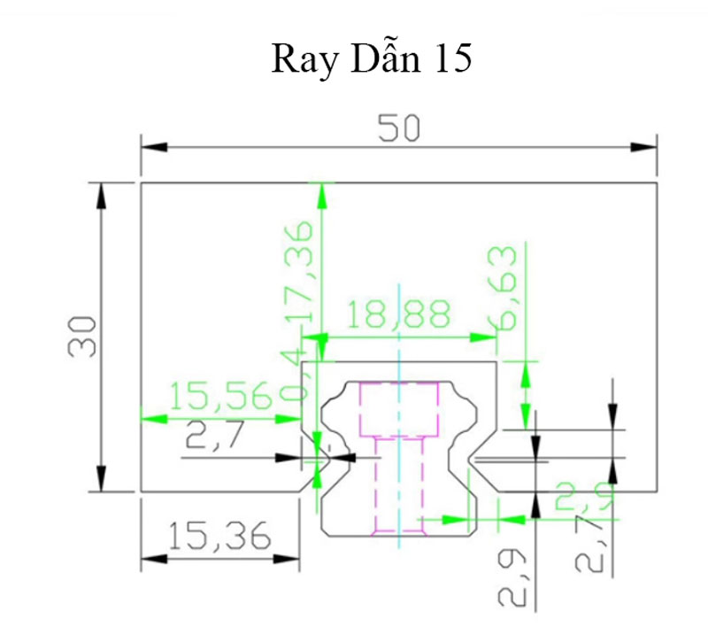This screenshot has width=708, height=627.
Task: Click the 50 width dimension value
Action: click(398, 129)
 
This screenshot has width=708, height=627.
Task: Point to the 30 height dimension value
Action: click(82, 336)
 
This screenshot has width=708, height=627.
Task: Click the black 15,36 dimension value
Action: click(219, 536)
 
